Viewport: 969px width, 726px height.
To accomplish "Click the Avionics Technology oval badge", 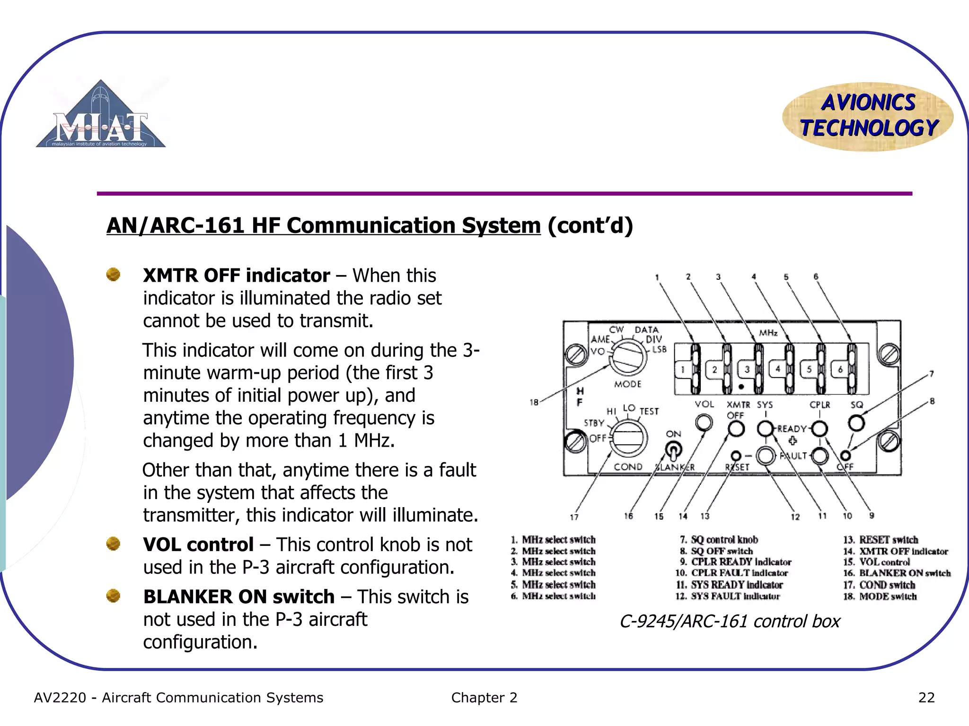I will pos(868,116).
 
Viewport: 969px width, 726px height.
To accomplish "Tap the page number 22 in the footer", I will pos(926,698).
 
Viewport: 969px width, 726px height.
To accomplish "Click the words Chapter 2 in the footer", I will pos(484,698).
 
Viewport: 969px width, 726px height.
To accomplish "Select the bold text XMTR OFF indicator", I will pos(236,276).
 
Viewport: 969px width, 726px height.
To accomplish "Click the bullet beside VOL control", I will pos(113,544).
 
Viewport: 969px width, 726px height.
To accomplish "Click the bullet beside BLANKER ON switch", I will pos(113,596).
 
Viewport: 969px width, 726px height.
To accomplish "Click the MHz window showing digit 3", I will pos(747,370).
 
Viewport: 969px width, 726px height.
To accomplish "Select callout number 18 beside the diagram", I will pos(534,402).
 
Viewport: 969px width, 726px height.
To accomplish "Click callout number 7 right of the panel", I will pos(931,374).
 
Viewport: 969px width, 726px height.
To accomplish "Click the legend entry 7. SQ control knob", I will pos(719,540).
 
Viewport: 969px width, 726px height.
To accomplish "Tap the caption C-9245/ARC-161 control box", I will pos(730,621).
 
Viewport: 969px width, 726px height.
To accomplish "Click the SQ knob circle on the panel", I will pos(856,423).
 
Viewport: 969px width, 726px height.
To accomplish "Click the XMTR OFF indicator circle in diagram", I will pos(736,429).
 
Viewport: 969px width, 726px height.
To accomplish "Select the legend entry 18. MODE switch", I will pos(880,596).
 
